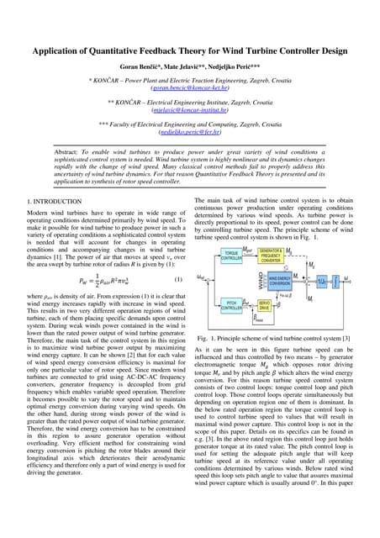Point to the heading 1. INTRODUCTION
pos(55,202)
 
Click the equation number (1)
pos(178,279)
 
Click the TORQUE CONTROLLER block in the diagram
pos(232,256)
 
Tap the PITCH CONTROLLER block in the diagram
pos(232,306)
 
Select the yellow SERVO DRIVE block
pos(265,308)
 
